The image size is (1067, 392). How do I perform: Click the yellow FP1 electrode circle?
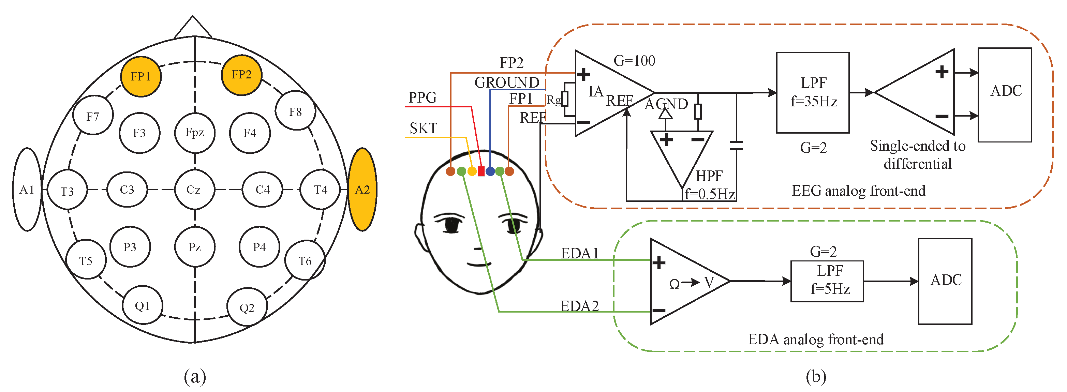click(141, 77)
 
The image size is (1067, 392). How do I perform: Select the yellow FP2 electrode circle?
click(241, 75)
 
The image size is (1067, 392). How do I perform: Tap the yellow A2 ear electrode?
click(362, 189)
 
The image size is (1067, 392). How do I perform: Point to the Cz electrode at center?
click(194, 189)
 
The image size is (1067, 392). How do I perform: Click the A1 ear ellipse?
click(27, 189)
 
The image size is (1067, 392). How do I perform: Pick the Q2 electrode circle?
click(247, 307)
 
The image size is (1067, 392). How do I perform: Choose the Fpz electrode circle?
click(195, 133)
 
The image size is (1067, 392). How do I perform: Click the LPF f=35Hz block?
click(813, 92)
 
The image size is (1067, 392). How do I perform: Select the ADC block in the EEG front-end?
click(1005, 95)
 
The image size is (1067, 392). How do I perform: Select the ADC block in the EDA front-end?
click(945, 281)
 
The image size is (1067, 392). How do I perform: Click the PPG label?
click(423, 97)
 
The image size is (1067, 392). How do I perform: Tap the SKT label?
click(423, 128)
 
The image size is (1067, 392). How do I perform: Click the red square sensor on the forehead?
click(481, 171)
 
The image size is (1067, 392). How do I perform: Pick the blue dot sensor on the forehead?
click(490, 171)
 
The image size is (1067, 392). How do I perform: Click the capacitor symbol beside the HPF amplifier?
click(736, 145)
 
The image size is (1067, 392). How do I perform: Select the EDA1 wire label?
click(579, 253)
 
